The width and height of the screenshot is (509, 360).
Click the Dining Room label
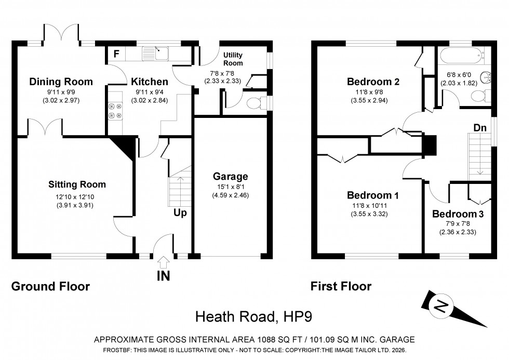(x=61, y=82)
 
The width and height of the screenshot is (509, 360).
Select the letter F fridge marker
(x=116, y=54)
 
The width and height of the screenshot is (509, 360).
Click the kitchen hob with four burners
(x=114, y=110)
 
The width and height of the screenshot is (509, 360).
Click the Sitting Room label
(x=77, y=184)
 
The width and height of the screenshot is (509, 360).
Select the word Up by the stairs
(x=180, y=212)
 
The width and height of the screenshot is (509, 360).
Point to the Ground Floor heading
(x=50, y=286)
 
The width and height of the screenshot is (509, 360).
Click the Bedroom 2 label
(x=373, y=82)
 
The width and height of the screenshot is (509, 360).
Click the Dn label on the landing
(x=479, y=127)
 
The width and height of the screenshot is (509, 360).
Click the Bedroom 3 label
(x=454, y=214)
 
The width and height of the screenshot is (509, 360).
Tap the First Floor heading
(x=341, y=286)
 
